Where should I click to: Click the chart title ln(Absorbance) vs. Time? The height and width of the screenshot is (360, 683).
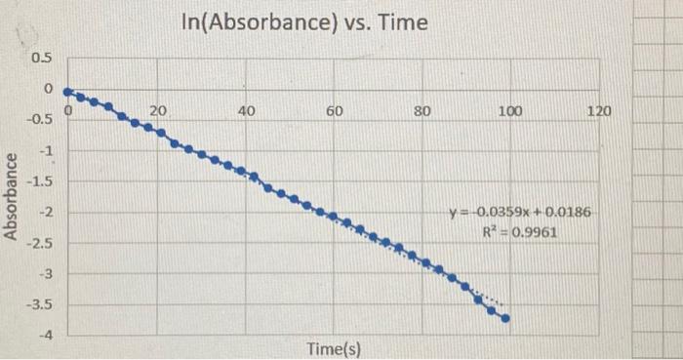pyautogui.click(x=303, y=21)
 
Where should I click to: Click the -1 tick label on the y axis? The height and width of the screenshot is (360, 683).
pyautogui.click(x=44, y=150)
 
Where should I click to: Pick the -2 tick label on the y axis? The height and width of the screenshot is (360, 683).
pyautogui.click(x=44, y=212)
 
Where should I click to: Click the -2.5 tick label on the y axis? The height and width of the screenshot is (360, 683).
pyautogui.click(x=40, y=242)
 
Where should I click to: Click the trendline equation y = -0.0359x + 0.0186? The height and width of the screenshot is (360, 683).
pyautogui.click(x=518, y=213)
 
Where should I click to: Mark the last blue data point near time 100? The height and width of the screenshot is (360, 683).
pyautogui.click(x=505, y=317)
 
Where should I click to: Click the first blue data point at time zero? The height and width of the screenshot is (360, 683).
pyautogui.click(x=66, y=91)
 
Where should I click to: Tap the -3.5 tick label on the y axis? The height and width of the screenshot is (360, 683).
pyautogui.click(x=40, y=305)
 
